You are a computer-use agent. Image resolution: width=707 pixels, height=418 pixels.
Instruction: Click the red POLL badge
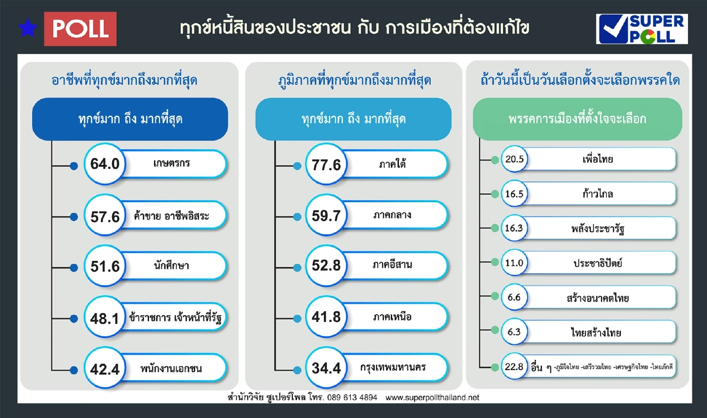[x=80, y=29]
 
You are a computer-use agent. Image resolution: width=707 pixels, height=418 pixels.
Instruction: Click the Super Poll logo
[x=641, y=29]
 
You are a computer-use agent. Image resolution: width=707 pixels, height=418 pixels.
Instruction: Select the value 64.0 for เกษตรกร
[x=105, y=164]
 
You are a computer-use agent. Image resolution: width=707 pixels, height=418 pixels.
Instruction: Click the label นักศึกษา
[x=171, y=266]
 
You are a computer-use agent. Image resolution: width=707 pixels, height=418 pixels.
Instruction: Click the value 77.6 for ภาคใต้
[x=327, y=164]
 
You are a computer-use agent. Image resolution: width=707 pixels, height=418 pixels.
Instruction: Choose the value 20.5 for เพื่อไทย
[x=514, y=160]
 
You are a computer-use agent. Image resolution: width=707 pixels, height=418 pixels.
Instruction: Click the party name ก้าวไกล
[x=597, y=194]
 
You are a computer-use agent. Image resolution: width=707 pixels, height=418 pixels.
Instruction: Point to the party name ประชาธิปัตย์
[x=597, y=263]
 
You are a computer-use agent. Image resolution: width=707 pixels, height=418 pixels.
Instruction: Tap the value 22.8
[x=514, y=366]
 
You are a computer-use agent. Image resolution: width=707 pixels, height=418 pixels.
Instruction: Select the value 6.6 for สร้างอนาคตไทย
[x=514, y=298]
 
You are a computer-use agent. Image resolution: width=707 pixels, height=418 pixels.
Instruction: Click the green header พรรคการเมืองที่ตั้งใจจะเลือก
[x=577, y=120]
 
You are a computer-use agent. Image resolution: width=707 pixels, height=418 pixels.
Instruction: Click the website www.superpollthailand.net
[x=432, y=397]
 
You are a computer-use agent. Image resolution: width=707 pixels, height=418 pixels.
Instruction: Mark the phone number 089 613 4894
[x=352, y=397]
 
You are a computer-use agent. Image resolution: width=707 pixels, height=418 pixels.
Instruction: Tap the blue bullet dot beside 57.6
[x=74, y=217]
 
